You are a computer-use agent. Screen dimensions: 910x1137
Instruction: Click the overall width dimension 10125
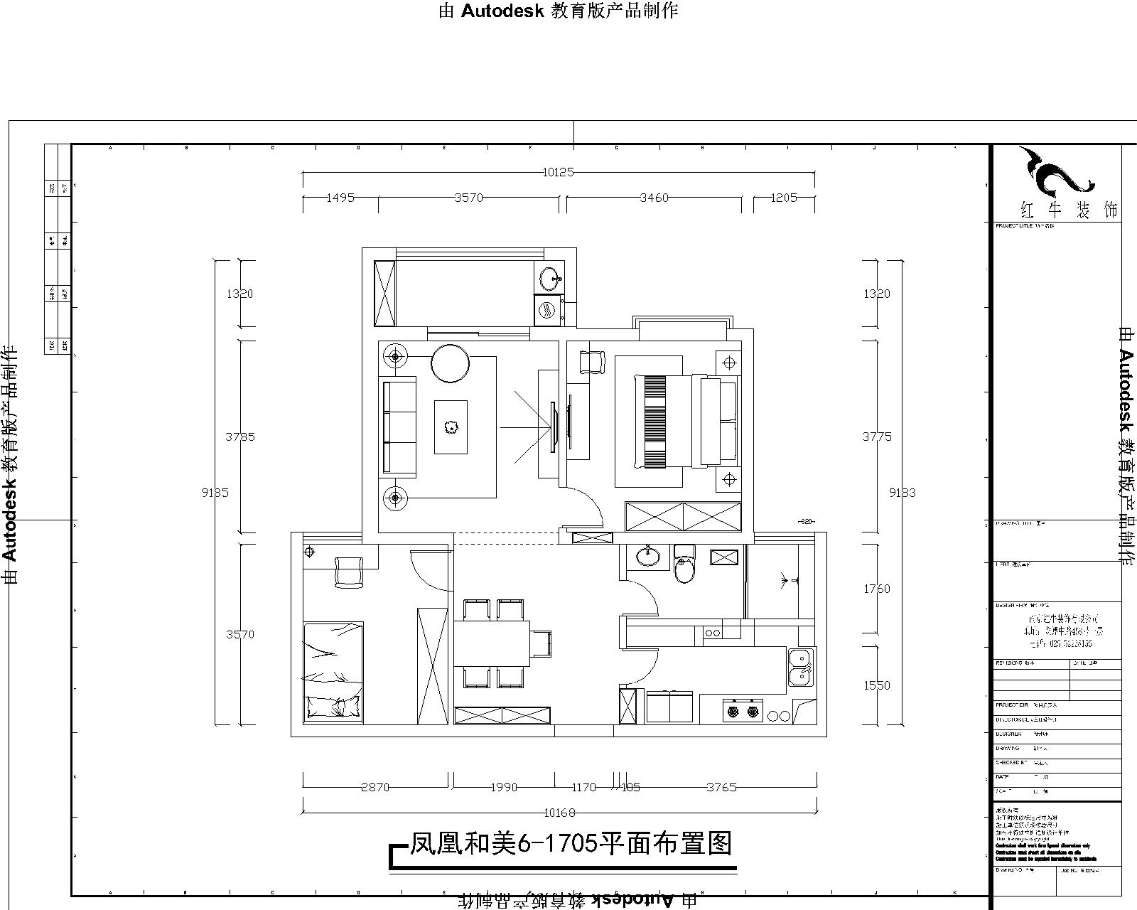558,172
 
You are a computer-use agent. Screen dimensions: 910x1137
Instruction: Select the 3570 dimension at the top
468,198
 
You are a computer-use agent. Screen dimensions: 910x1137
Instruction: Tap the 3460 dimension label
654,198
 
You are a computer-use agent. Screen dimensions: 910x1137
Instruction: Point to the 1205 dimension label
784,198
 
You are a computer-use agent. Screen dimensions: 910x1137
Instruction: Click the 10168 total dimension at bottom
559,813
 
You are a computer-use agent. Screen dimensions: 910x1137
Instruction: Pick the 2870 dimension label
375,787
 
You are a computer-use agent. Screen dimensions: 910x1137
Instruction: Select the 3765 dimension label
721,787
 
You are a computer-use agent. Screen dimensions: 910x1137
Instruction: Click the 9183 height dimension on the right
902,492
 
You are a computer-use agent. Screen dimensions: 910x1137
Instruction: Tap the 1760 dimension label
876,589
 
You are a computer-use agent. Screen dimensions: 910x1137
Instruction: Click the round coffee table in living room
450,363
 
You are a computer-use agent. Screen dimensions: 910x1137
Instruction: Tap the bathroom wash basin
647,557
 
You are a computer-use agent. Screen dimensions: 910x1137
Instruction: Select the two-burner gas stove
742,710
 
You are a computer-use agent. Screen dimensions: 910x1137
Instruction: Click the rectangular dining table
492,643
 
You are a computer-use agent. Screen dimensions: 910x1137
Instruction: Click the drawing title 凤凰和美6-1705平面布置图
571,844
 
